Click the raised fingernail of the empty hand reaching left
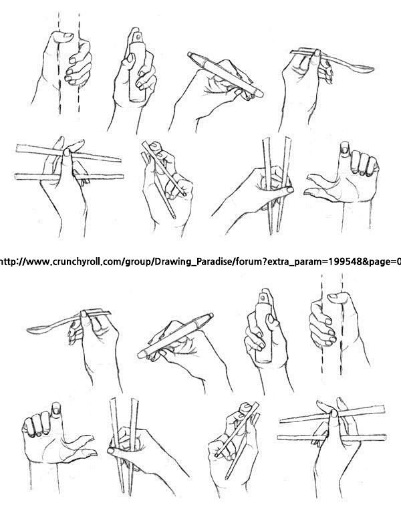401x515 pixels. point(344,149)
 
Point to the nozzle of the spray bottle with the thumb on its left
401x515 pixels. point(138,35)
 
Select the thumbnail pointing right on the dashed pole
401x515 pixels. point(68,35)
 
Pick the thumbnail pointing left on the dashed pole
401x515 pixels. point(332,296)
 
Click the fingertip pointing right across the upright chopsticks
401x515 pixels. point(290,190)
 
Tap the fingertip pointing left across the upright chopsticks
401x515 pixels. point(111,451)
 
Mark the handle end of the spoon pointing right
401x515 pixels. point(293,51)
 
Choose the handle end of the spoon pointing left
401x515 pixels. point(108,313)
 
